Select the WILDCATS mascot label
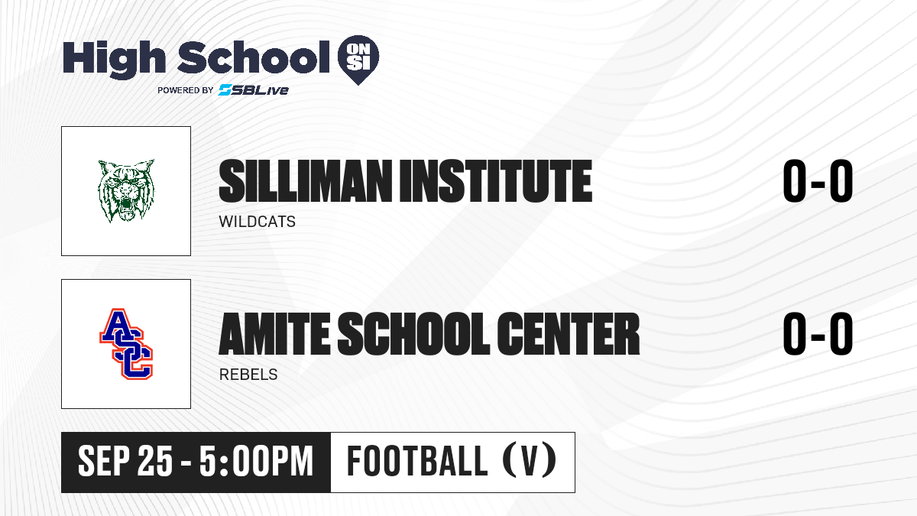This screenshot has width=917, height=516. tap(257, 222)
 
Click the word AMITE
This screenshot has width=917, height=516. tap(274, 334)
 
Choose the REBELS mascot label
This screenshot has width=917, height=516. tap(248, 375)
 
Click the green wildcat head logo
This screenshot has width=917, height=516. tap(126, 191)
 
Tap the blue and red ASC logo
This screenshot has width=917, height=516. tap(126, 344)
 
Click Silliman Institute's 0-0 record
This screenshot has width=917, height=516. tap(818, 181)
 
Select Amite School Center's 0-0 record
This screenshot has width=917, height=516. tap(818, 334)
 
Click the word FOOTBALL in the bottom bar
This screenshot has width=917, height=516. tap(417, 462)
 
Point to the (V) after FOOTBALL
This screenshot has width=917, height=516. tap(530, 462)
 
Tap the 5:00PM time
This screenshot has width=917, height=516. tap(256, 462)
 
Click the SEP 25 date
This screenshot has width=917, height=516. tap(125, 462)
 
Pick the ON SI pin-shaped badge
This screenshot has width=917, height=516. tap(358, 60)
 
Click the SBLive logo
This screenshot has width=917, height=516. tap(253, 90)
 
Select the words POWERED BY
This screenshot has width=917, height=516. tap(185, 90)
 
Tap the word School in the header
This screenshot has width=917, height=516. tap(254, 57)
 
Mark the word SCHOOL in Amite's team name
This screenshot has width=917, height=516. tap(414, 334)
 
